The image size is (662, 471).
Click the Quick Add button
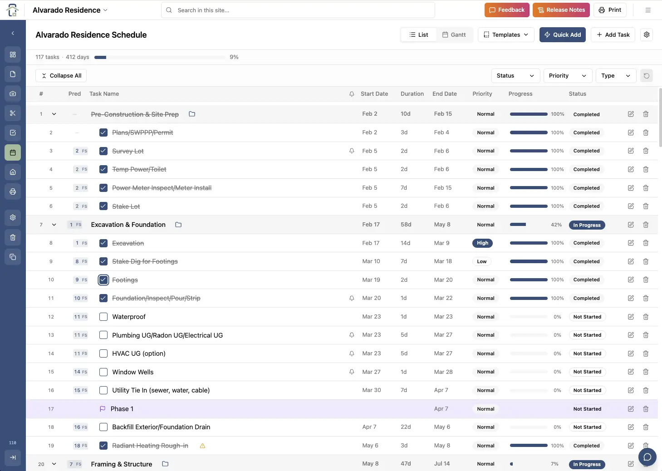tap(563, 35)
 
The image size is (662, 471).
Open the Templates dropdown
tap(506, 35)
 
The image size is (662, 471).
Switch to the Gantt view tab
tap(454, 35)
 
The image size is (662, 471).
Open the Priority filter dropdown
tap(567, 76)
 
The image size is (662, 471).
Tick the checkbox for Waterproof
tap(103, 317)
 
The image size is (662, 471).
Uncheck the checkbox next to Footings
tap(103, 280)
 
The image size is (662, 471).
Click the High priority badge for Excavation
tap(482, 243)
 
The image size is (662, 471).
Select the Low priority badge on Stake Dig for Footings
tap(482, 261)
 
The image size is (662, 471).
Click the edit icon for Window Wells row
tap(631, 372)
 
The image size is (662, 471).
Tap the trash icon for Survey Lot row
tap(646, 151)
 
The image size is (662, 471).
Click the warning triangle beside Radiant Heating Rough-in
tap(202, 446)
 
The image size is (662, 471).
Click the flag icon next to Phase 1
tap(103, 409)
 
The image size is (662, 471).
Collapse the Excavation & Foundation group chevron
tap(54, 225)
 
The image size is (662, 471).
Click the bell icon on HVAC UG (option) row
tap(352, 353)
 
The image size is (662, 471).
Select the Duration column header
tap(412, 94)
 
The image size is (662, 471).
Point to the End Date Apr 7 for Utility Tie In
tap(441, 390)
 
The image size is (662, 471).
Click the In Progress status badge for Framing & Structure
tap(587, 464)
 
